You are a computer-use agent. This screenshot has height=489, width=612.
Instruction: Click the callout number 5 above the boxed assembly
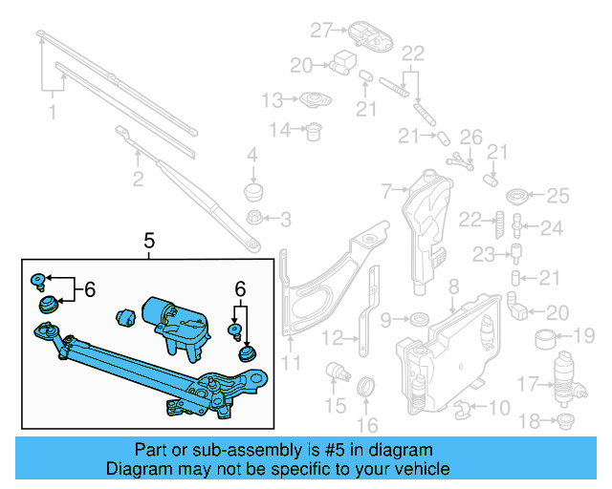pyautogui.click(x=149, y=243)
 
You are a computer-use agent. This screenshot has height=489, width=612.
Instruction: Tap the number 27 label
pyautogui.click(x=319, y=30)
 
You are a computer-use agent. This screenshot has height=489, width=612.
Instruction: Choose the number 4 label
pyautogui.click(x=252, y=155)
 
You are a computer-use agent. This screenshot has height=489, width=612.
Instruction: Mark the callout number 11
pyautogui.click(x=290, y=363)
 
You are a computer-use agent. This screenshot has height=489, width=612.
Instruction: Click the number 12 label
pyautogui.click(x=332, y=337)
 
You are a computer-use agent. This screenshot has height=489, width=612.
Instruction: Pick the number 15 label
pyautogui.click(x=334, y=407)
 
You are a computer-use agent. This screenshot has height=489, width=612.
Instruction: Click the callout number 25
pyautogui.click(x=557, y=196)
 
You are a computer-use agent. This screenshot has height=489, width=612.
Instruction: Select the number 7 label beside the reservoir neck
pyautogui.click(x=387, y=191)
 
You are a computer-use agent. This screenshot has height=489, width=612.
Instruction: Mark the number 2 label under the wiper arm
pyautogui.click(x=138, y=179)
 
